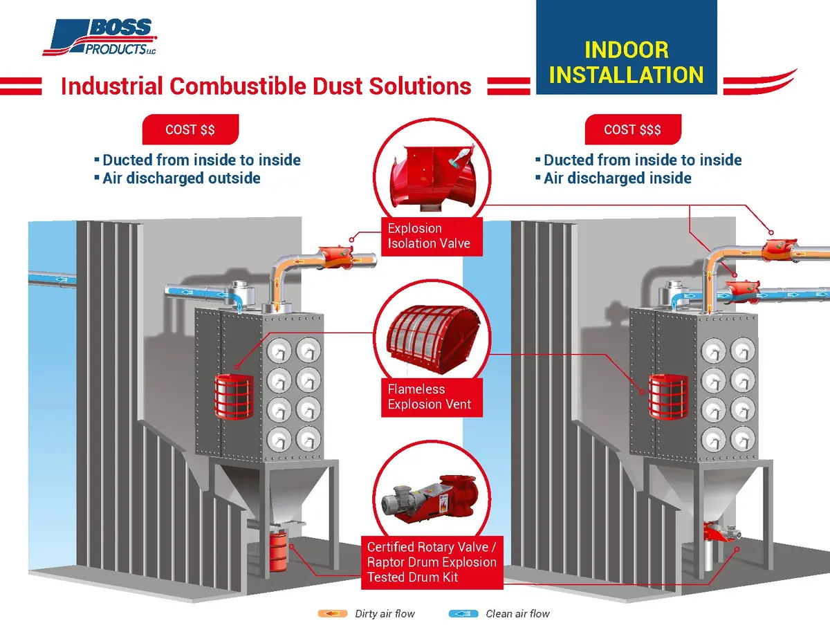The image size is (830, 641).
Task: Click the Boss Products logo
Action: coord(100,37)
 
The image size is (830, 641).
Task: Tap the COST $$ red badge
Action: coord(190,129)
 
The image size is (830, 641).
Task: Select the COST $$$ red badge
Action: coord(632,129)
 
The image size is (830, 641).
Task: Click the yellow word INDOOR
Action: coord(627,50)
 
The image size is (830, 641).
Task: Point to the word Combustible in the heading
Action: coord(237,86)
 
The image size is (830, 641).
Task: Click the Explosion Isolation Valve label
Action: coord(432,236)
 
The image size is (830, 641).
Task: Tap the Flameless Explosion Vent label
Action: coord(432,397)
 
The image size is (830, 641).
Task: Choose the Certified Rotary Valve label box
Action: coord(432,562)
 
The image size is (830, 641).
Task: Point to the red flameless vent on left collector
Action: coord(234,396)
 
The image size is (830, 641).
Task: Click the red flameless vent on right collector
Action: coord(668,396)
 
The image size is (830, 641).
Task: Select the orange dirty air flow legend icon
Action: coord(333,613)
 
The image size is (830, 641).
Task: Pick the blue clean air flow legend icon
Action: coord(463,613)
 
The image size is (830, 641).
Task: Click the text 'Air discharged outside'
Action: coord(181,178)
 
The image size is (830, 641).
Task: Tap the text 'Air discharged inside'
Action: coord(617,178)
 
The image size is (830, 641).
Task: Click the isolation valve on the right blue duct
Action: coord(743,291)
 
